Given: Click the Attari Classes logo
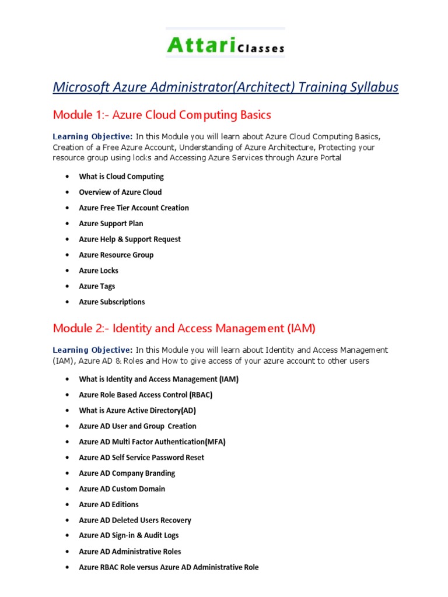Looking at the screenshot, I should pos(225,45).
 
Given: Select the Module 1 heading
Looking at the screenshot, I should pos(154,114).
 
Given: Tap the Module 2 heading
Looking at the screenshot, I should pos(184,328).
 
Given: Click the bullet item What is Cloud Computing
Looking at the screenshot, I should pos(121,177).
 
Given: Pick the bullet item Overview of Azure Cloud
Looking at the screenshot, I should pos(120,192).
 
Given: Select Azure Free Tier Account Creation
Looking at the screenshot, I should pos(134,208).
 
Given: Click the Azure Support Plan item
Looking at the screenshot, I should pos(111,224).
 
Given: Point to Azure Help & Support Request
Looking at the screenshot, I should pos(129,240).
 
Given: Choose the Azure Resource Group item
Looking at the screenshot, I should pos(116,255).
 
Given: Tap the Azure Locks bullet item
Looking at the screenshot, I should pos(99,271).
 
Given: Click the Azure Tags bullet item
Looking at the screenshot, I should pos(97,287).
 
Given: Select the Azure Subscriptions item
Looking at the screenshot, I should pos(112,303).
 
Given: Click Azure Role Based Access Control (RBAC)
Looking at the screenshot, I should pos(146,395).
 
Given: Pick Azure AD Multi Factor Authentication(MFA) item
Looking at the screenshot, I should pos(152,442).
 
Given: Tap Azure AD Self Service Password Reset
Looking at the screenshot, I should pos(142,458).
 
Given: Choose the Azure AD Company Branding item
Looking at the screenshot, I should pos(127,473).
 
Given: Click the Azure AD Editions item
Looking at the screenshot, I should pos(108,505).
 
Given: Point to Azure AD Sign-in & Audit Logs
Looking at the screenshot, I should pos(129,536).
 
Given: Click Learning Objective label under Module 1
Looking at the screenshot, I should pos(93,136).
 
